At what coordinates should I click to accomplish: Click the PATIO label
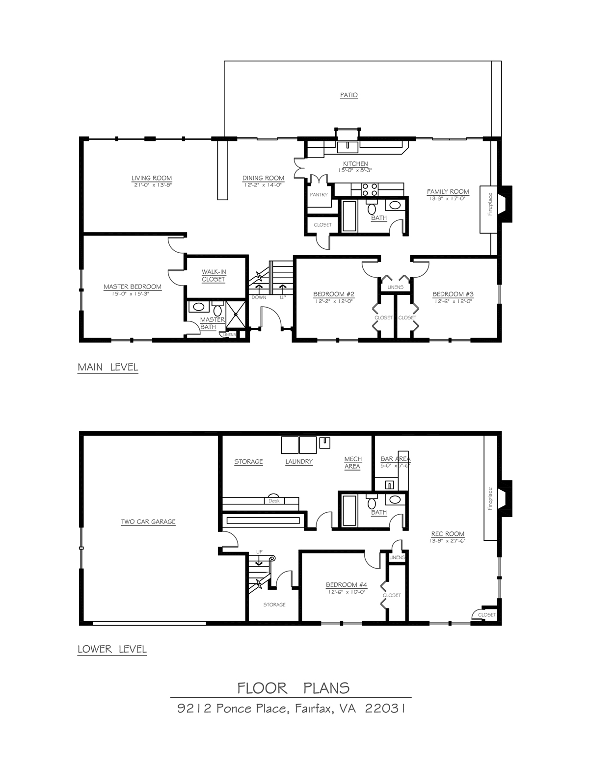point(348,95)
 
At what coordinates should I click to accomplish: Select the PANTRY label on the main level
point(319,195)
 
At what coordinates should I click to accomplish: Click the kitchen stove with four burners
point(370,190)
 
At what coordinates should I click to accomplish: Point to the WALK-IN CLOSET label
point(214,275)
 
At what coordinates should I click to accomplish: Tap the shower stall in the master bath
point(236,315)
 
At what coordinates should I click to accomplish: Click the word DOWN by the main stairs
point(259,297)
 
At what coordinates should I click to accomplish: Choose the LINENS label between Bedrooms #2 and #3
point(395,287)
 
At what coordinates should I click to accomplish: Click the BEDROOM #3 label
point(453,294)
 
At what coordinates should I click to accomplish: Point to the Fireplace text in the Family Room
point(490,204)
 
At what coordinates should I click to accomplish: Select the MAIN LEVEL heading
point(107,367)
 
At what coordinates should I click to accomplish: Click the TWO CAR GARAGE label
point(148,522)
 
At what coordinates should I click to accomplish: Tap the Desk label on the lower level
point(274,501)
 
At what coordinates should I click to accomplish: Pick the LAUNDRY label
point(299,462)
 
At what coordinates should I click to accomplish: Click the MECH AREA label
point(352,463)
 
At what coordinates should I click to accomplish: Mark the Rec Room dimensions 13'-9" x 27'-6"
point(447,541)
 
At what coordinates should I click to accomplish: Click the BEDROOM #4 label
point(346,584)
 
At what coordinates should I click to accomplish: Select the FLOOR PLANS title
point(293,688)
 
